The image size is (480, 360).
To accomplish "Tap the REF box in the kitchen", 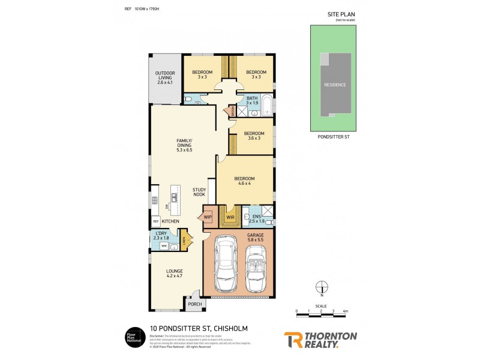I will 155,221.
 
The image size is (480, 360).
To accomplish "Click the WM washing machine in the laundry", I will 163,246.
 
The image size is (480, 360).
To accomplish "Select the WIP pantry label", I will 208,217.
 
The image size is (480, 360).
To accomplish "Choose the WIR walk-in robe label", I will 230,217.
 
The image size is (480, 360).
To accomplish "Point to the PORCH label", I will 195,304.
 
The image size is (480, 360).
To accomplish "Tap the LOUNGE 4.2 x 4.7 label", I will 175,274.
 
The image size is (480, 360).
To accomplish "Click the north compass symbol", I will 322,287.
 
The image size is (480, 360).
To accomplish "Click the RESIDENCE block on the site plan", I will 335,85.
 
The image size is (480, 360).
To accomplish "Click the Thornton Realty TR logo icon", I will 293,339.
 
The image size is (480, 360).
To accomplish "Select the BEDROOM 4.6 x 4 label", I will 244,181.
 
